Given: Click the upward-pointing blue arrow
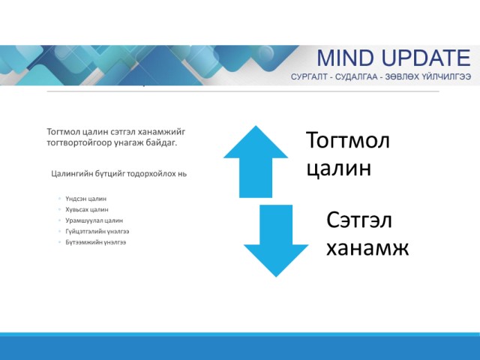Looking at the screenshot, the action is coord(256,162).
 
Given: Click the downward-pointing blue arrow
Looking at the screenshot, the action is coord(276,241).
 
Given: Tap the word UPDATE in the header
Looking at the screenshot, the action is coord(426,58).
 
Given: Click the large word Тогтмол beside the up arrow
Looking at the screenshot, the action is coord(348,140).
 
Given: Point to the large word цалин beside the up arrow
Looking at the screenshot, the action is coord(339,168).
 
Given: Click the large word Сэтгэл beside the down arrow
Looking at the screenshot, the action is coord(359,220).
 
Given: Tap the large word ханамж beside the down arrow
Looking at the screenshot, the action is coord(367,247).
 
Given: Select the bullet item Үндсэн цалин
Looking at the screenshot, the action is coord(86,199).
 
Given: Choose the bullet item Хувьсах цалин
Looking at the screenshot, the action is coord(87,210).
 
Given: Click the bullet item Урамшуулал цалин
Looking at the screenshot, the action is coord(94,220).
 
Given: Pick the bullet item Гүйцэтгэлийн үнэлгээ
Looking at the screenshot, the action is coord(97,232).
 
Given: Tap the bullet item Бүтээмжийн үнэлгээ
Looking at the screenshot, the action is coord(96,242).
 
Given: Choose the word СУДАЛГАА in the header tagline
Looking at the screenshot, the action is coord(356,76).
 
